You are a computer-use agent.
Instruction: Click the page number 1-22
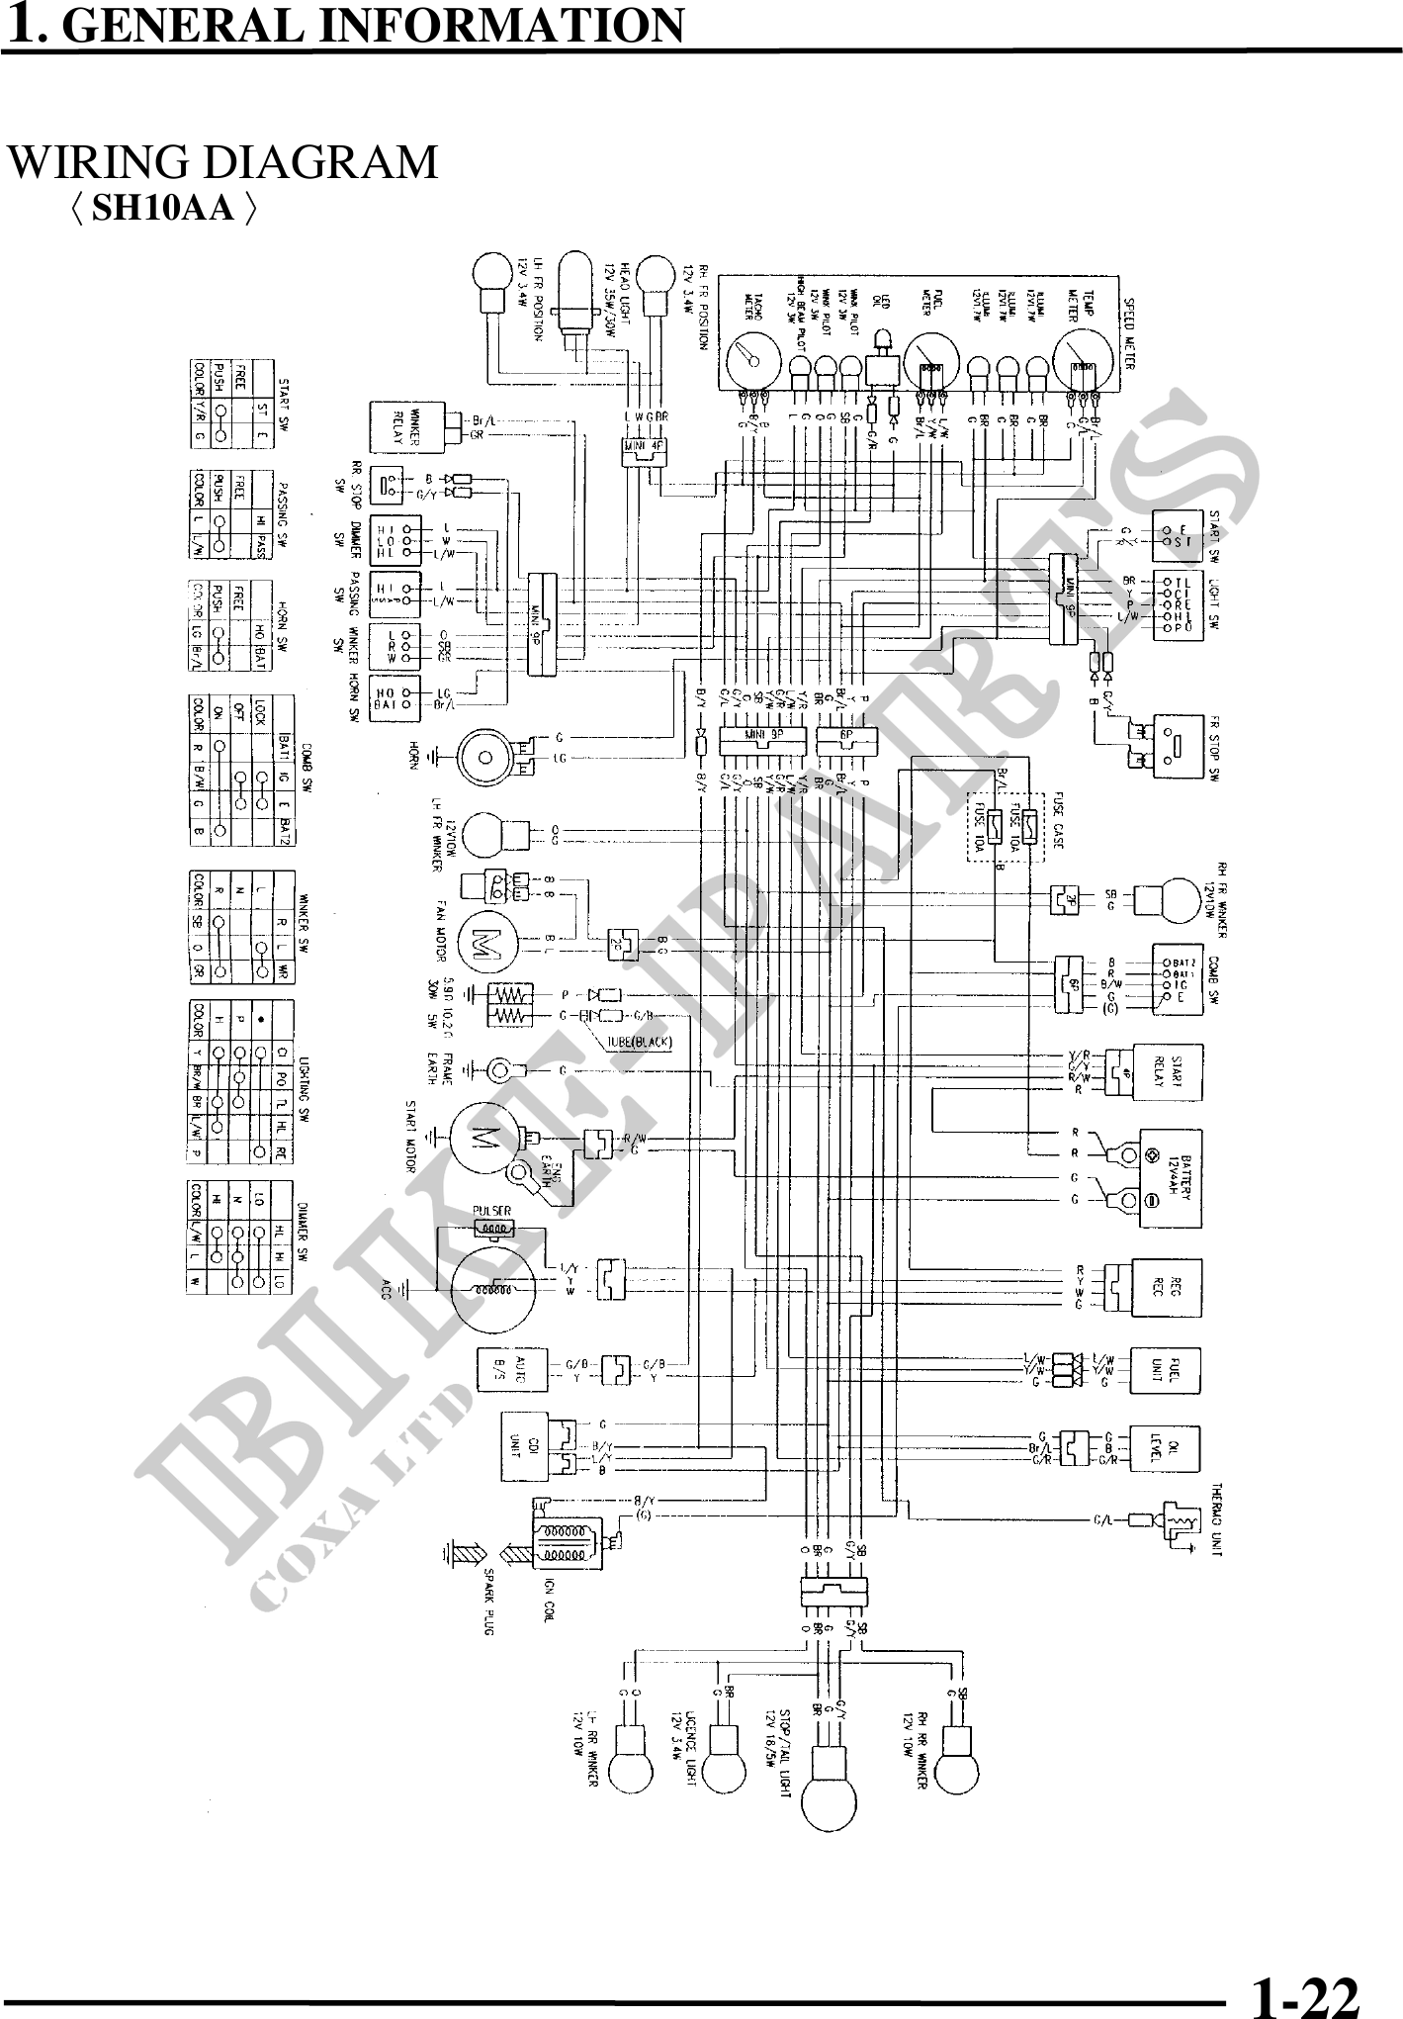pyautogui.click(x=1304, y=1990)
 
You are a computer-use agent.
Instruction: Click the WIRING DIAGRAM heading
pyautogui.click(x=223, y=162)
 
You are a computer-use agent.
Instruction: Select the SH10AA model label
pyautogui.click(x=164, y=208)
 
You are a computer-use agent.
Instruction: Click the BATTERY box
pyautogui.click(x=1172, y=1178)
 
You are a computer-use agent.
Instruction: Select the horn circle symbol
pyautogui.click(x=485, y=758)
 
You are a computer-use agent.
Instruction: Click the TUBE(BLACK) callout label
pyautogui.click(x=640, y=1042)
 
